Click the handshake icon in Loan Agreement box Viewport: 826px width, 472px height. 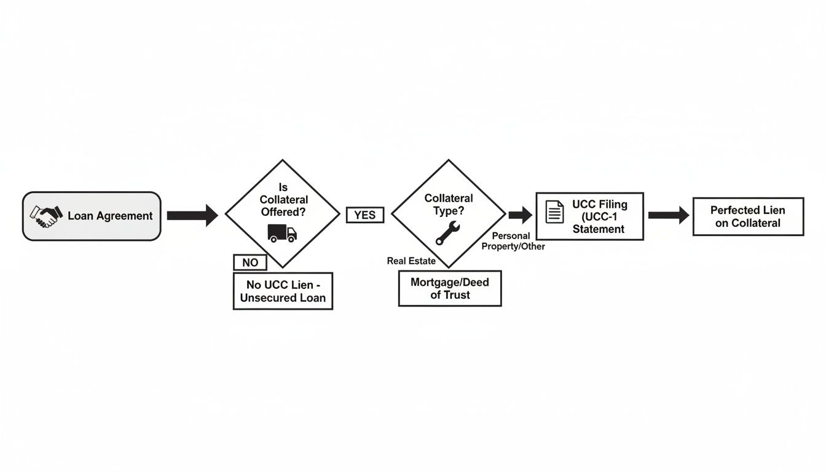pyautogui.click(x=46, y=215)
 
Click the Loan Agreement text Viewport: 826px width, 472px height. pyautogui.click(x=110, y=216)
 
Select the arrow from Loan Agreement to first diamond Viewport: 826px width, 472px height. pyautogui.click(x=192, y=215)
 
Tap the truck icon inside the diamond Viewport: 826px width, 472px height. pyautogui.click(x=282, y=233)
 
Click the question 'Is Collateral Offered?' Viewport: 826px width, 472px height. pyautogui.click(x=283, y=200)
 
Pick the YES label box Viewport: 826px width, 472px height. pyautogui.click(x=365, y=215)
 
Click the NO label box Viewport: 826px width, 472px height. pyautogui.click(x=250, y=262)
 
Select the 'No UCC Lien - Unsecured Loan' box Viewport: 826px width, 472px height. pyautogui.click(x=283, y=291)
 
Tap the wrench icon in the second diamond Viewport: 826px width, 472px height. pyautogui.click(x=447, y=233)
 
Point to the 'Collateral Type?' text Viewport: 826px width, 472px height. pyautogui.click(x=449, y=205)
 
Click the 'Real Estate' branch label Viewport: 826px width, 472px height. pyautogui.click(x=411, y=261)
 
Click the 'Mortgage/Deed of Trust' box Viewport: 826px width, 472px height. pyautogui.click(x=449, y=288)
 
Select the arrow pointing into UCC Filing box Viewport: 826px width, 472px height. pyautogui.click(x=520, y=215)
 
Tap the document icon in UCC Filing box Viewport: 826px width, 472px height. pyautogui.click(x=554, y=212)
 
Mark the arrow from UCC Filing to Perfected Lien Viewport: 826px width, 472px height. pyautogui.click(x=668, y=215)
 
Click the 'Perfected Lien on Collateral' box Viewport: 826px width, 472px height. pyautogui.click(x=748, y=216)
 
